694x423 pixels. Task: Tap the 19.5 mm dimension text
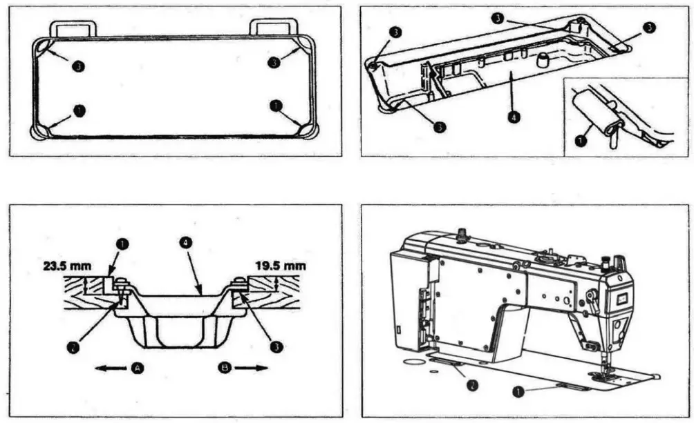(280, 265)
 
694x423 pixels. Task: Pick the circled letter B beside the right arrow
(225, 368)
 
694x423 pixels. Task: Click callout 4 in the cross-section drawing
(185, 244)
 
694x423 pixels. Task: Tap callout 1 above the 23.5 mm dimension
(122, 244)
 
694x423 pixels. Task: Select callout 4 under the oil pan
(512, 117)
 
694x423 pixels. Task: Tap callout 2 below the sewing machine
(471, 384)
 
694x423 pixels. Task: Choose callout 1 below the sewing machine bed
(516, 391)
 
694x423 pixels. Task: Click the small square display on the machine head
(619, 298)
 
